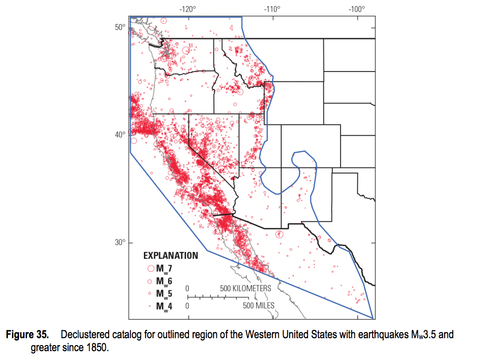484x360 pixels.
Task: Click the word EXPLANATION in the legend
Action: [x=170, y=256]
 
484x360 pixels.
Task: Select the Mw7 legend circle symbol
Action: [x=150, y=268]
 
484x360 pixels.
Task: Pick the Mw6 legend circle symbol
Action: [x=150, y=281]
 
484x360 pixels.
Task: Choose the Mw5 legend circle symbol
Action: [x=150, y=294]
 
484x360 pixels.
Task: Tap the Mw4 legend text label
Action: [x=164, y=306]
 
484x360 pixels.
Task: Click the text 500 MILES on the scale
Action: [x=258, y=305]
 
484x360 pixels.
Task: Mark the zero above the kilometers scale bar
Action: [x=187, y=289]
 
